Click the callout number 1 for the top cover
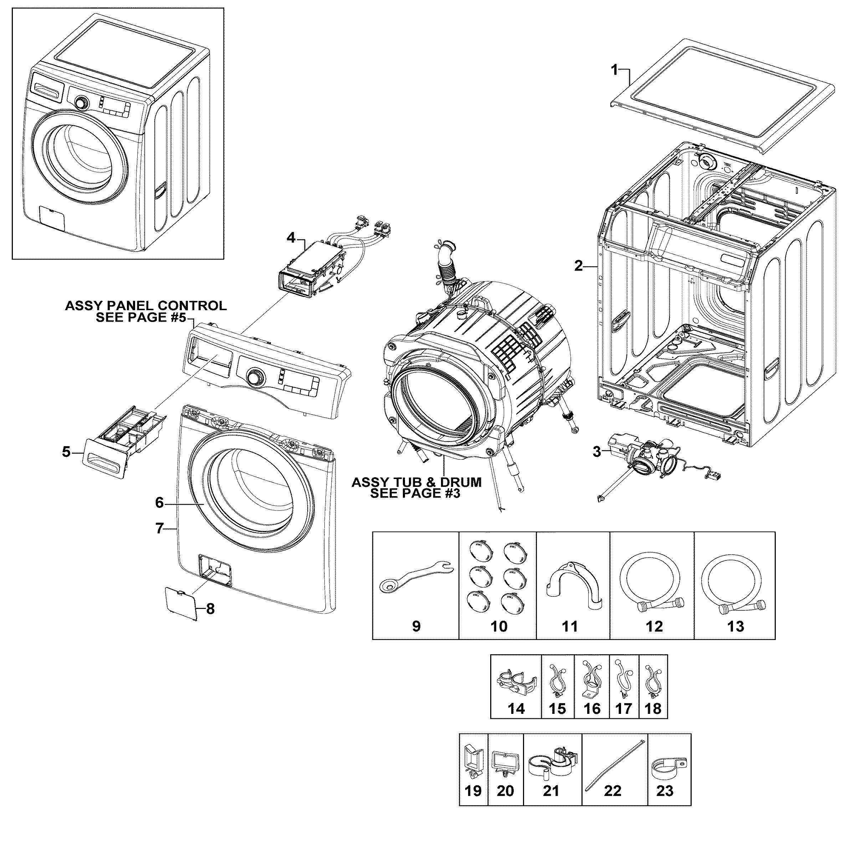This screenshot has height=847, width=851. (x=615, y=70)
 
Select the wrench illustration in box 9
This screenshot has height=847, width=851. (x=414, y=575)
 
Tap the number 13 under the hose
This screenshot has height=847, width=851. (x=735, y=626)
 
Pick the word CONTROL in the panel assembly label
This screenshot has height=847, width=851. (x=192, y=306)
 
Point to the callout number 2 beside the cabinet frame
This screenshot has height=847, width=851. (x=578, y=266)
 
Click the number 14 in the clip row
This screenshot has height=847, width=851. (x=516, y=709)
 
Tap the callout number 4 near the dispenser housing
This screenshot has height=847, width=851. (x=291, y=238)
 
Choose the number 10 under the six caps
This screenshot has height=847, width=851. (x=499, y=626)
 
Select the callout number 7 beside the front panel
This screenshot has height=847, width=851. (x=159, y=528)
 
